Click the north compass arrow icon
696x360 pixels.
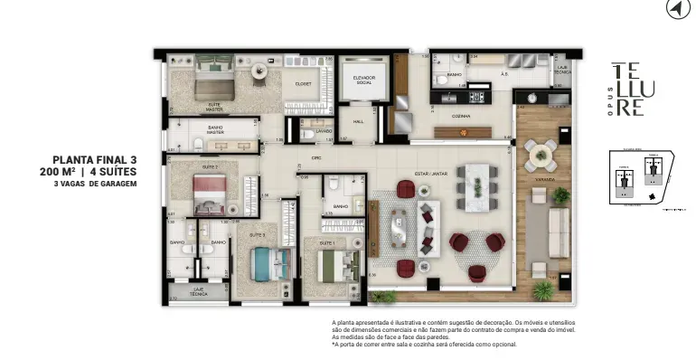point(675,9)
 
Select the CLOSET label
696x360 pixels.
point(303,83)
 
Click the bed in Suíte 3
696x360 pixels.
point(270,264)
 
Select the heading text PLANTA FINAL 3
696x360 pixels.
point(88,159)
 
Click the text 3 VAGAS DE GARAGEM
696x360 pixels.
point(94,184)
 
